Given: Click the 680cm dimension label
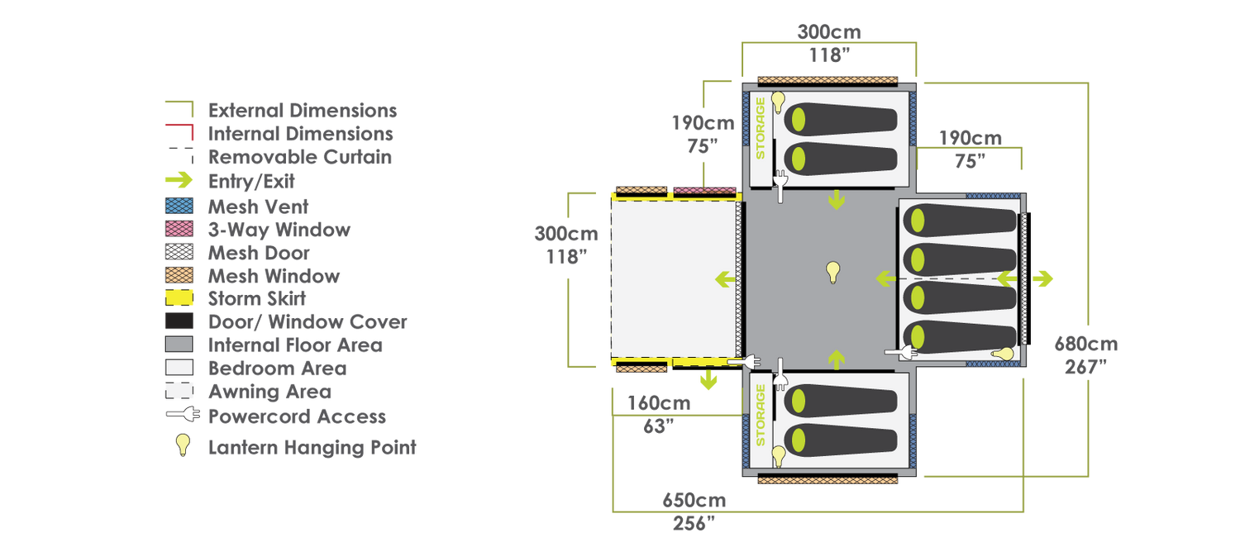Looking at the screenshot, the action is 1085,344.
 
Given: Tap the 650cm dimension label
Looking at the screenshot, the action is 694,501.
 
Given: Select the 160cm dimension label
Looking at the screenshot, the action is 659,403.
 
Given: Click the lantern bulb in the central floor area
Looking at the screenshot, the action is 832,272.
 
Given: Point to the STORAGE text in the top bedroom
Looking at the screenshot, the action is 761,128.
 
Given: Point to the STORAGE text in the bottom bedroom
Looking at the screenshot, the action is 761,416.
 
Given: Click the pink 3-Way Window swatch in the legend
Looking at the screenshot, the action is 179,229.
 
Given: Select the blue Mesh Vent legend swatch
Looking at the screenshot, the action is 179,206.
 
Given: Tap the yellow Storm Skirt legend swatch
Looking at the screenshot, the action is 179,298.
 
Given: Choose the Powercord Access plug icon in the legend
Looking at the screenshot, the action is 184,414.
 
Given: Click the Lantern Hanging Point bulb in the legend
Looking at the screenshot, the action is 183,445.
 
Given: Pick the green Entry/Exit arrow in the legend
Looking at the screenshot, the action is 179,180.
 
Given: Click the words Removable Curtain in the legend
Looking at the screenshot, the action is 299,157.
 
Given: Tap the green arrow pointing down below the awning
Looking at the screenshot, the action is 708,379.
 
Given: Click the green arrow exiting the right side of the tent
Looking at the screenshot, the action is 1042,278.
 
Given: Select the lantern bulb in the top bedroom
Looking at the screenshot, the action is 778,102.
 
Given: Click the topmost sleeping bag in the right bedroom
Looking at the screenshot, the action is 959,220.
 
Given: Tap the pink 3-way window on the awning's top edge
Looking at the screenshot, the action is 704,191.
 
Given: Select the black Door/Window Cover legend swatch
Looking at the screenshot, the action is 179,321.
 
